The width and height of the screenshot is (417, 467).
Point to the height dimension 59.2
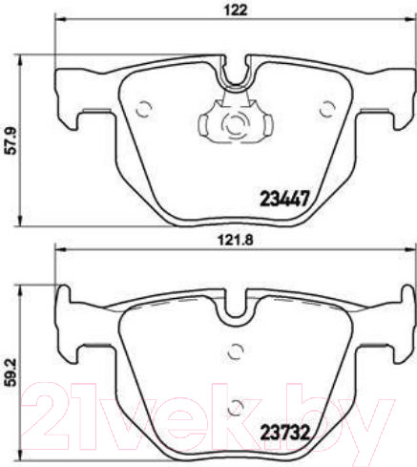coord(10,366)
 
